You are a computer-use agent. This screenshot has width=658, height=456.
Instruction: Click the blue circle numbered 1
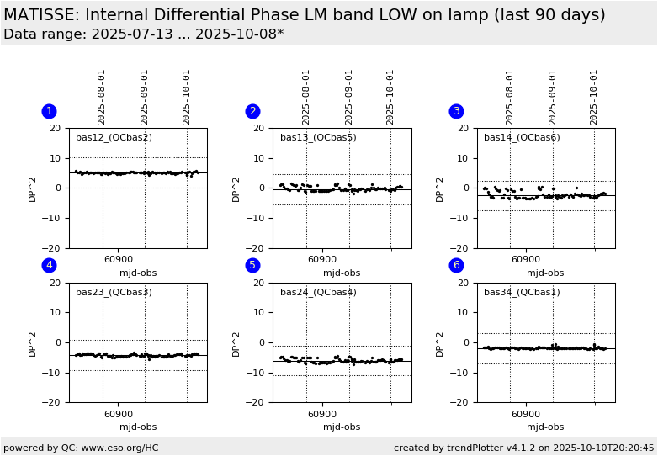49,111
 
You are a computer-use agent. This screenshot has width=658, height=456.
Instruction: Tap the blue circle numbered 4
49,265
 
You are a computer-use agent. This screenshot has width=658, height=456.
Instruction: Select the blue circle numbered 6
456,265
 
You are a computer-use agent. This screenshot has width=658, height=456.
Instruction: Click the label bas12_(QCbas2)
114,138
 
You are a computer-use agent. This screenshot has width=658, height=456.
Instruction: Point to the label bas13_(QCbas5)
318,138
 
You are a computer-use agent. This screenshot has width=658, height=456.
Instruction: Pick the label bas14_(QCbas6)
522,138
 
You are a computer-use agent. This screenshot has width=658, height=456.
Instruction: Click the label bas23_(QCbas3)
114,293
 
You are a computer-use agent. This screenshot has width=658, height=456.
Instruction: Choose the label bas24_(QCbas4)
318,293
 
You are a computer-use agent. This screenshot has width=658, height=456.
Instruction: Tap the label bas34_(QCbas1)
522,293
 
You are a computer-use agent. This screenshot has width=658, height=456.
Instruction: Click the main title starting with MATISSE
304,15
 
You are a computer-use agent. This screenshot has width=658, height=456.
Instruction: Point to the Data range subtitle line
143,34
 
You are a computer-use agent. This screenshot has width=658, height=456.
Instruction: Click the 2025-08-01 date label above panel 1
102,96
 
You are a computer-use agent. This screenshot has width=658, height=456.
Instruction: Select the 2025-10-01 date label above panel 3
594,96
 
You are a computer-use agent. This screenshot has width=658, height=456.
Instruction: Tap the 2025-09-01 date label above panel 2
349,96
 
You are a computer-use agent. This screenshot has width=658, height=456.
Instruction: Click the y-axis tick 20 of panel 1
57,128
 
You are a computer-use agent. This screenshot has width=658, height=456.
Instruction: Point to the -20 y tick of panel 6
462,403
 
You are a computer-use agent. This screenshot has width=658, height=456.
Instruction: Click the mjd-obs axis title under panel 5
342,427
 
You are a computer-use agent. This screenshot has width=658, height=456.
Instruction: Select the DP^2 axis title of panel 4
33,342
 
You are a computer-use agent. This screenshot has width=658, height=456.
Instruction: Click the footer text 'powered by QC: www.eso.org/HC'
81,448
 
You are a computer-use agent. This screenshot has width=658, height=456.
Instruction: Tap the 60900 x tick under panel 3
526,260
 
